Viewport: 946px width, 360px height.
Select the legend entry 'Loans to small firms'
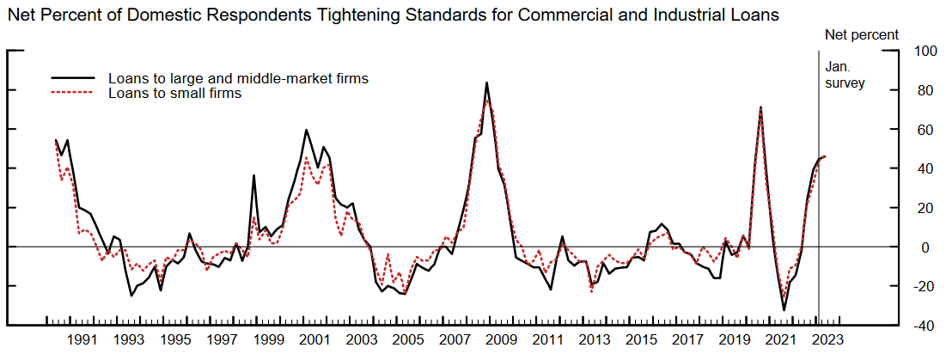coord(174,94)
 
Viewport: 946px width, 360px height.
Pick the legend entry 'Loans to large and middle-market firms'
coord(238,79)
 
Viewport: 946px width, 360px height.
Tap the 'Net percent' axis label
coord(861,35)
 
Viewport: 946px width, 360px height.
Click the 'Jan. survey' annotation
coord(844,75)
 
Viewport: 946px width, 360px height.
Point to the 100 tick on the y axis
coord(925,52)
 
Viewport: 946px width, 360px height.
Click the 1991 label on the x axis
coord(82,340)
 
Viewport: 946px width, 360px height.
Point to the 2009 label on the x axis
coord(502,340)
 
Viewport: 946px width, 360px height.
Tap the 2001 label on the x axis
coord(315,340)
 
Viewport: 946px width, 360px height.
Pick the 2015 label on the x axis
coord(642,340)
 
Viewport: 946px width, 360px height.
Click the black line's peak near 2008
coord(487,82)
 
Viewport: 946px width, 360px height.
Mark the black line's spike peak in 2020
coord(760,107)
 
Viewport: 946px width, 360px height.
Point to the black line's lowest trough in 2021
coord(784,310)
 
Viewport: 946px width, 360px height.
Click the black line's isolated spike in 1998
coord(253,175)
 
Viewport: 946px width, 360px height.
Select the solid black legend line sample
coord(76,79)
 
